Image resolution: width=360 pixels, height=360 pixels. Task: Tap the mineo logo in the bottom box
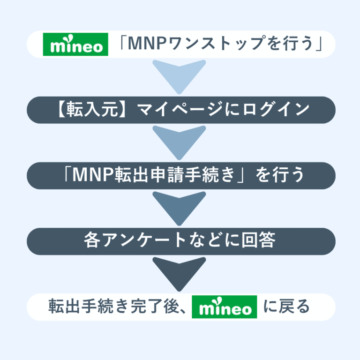pos(225,307)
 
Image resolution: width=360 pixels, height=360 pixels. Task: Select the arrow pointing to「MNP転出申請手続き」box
pos(180,142)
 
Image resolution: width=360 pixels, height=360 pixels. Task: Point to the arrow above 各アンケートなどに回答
pos(180,208)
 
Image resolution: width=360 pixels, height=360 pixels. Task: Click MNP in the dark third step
pos(91,175)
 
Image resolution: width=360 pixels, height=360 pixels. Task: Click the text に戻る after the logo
pos(287,307)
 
